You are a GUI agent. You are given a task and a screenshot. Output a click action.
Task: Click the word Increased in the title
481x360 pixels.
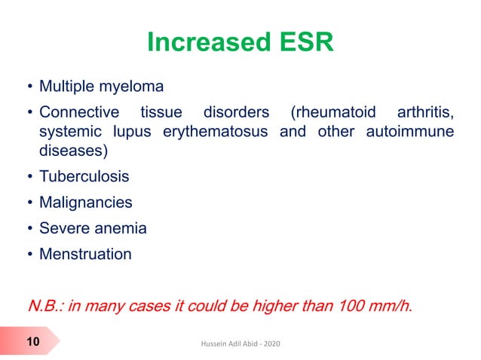[x=203, y=43]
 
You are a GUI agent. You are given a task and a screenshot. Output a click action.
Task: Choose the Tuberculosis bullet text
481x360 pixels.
[x=84, y=177]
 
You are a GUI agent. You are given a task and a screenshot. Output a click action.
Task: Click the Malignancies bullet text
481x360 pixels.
[x=85, y=203]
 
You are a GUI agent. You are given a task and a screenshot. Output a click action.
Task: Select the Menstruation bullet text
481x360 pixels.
[x=84, y=254]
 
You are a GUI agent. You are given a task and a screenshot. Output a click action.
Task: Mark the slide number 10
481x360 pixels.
[x=32, y=343]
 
